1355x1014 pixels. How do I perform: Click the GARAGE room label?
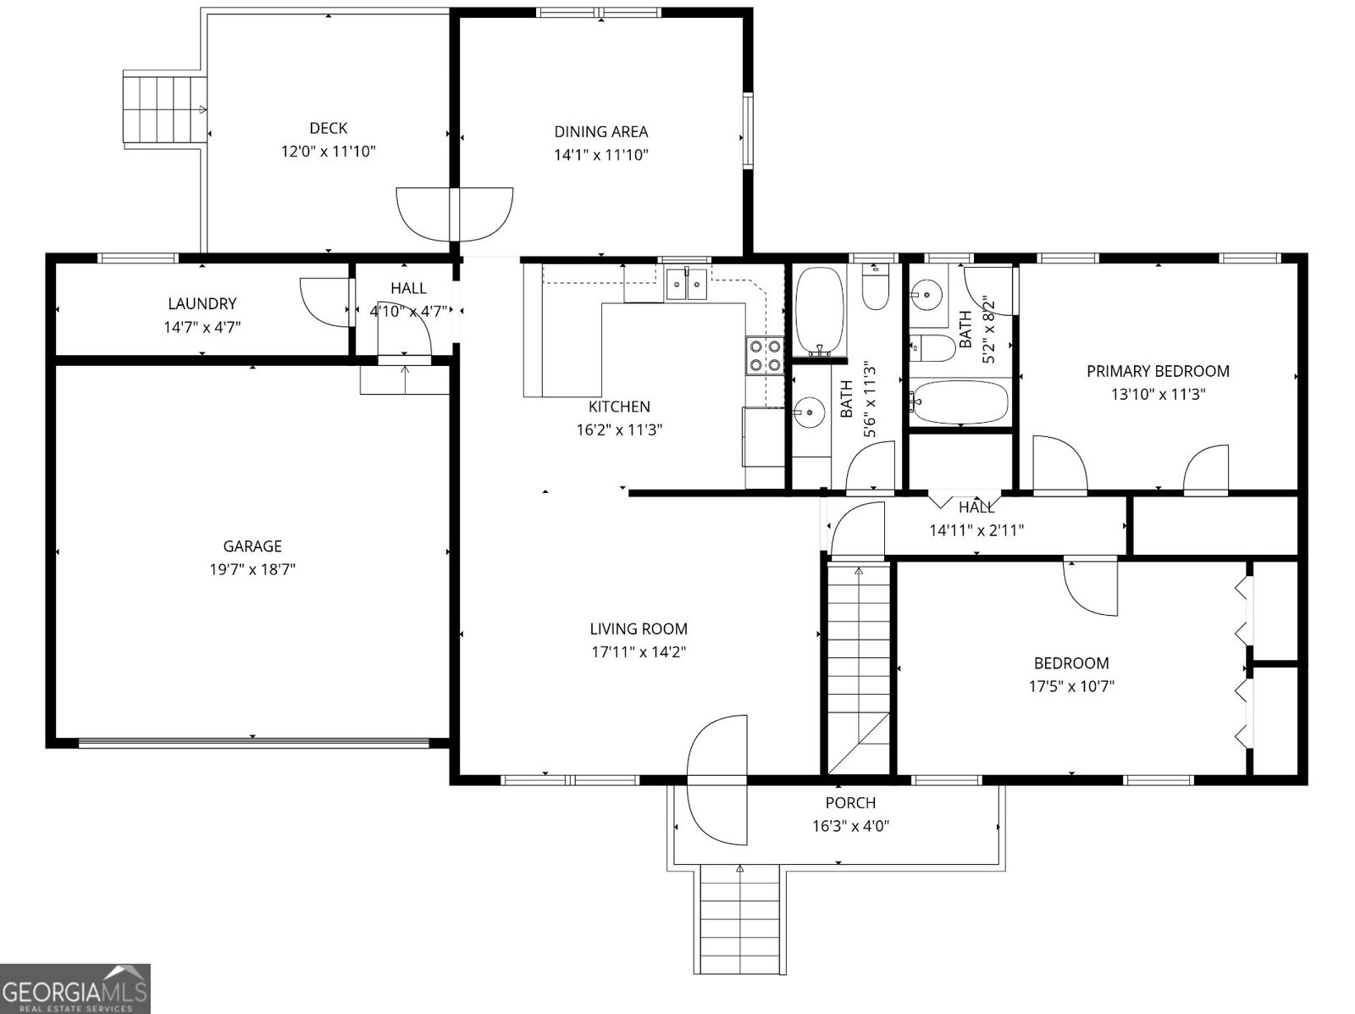point(252,546)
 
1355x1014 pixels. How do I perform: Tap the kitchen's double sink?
point(686,284)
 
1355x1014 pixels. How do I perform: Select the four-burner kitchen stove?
point(764,355)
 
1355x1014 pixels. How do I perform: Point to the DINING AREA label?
point(600,131)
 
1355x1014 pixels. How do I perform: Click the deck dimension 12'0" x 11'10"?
point(329,152)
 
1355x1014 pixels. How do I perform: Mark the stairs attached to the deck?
point(165,109)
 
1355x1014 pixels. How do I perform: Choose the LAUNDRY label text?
point(202,303)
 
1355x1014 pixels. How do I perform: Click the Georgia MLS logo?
point(75,988)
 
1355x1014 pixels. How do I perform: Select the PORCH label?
point(850,803)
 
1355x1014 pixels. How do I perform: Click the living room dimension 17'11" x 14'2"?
point(639,652)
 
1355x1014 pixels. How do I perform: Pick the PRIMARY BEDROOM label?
point(1158,371)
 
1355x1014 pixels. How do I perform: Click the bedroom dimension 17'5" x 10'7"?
point(1071,686)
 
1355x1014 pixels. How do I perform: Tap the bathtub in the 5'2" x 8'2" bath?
point(960,402)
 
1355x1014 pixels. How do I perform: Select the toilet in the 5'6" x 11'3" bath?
point(875,286)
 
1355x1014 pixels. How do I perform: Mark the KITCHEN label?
point(619,407)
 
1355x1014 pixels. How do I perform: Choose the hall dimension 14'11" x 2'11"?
point(976,529)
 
